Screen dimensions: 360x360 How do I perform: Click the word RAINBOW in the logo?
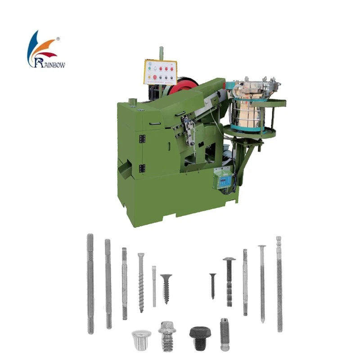pyautogui.click(x=50, y=63)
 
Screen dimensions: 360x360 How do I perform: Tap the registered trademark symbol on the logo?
pyautogui.click(x=58, y=39)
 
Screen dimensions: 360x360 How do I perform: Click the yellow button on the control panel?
pyautogui.click(x=149, y=76)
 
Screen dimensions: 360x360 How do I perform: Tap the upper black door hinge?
pyautogui.click(x=142, y=139)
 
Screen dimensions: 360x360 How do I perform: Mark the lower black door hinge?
pyautogui.click(x=142, y=168)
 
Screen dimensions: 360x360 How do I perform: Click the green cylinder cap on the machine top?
pyautogui.click(x=132, y=102)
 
